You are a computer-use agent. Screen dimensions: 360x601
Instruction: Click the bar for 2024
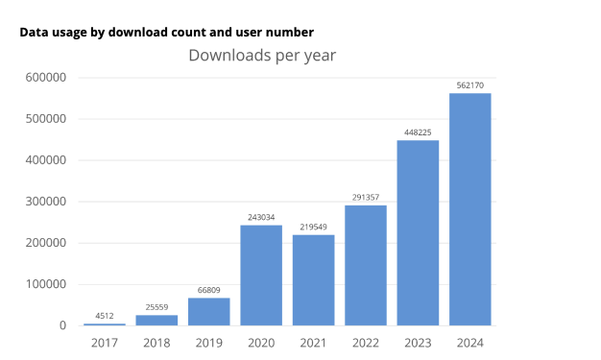[470, 209]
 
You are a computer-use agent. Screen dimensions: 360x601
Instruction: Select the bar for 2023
[418, 233]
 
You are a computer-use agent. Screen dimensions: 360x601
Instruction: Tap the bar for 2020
[261, 276]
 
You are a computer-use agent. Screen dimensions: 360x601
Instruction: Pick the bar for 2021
[313, 280]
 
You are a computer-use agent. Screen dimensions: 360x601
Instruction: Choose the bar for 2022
[366, 265]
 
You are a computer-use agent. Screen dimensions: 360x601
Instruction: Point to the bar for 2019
[208, 312]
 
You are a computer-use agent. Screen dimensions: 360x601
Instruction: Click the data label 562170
[470, 85]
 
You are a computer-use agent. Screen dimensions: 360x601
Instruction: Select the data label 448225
[418, 132]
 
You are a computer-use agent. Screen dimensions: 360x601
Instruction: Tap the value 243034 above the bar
[261, 217]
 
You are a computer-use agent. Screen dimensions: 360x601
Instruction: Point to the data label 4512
[105, 315]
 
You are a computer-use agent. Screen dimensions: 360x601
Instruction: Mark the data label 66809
[208, 290]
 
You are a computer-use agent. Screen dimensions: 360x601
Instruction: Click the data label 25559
[156, 307]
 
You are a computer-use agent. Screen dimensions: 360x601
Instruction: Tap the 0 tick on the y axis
[62, 325]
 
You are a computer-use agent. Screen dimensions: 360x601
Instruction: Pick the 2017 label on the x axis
[105, 342]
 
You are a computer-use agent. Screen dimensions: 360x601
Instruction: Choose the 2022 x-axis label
[366, 342]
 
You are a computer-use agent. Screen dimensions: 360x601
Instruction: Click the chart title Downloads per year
[262, 55]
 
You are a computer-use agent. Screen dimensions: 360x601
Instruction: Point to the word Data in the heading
[35, 32]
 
